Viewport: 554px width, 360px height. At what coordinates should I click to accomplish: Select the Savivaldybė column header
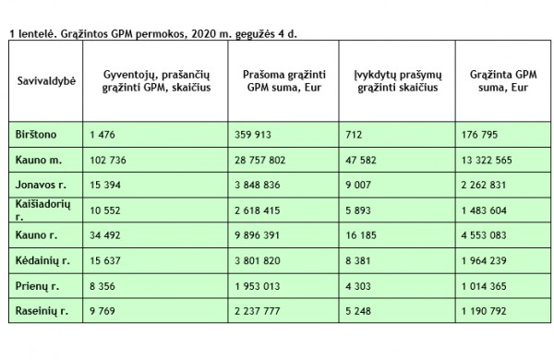pos(46,80)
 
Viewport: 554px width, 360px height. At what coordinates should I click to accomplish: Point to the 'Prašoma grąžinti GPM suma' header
pos(283,80)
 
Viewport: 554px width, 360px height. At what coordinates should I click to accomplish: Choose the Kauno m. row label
pos(39,161)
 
